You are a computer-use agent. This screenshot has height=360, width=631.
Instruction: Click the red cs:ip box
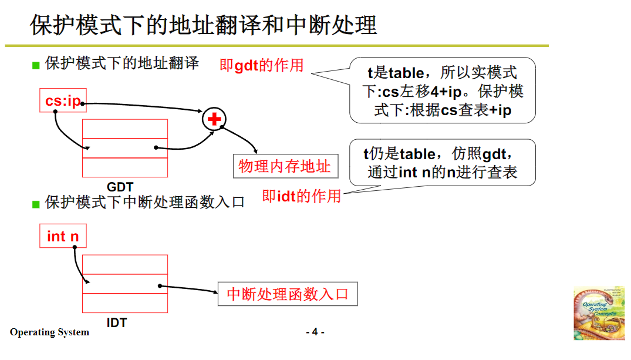point(62,101)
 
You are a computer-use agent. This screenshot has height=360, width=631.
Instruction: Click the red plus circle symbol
point(214,119)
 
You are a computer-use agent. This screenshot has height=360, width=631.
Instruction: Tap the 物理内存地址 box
point(285,167)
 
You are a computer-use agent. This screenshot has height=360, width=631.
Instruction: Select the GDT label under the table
point(120,187)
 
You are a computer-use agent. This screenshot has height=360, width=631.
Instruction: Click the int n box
point(62,236)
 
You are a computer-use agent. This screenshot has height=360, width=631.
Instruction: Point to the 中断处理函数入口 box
point(288,294)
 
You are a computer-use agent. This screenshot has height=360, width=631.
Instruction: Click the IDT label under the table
point(116,322)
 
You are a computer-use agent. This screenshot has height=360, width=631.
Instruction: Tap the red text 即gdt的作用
point(261,65)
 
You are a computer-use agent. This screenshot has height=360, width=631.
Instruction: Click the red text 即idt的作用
point(301,196)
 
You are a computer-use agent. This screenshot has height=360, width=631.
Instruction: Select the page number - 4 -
point(315,332)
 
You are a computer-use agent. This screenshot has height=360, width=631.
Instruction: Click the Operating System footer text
point(49,332)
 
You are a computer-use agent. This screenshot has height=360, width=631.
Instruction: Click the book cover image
point(599,313)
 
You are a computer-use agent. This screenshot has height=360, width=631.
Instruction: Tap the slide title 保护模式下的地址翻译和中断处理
point(203,25)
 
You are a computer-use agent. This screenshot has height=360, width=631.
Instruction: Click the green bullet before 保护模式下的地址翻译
point(36,65)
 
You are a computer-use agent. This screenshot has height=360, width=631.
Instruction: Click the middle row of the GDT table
point(124,148)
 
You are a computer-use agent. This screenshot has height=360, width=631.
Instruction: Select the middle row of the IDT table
point(124,283)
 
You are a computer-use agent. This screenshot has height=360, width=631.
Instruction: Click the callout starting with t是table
point(443,90)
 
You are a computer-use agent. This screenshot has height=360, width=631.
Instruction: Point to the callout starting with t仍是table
point(443,163)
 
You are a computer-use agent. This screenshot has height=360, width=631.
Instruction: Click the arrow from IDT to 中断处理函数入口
point(188,289)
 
